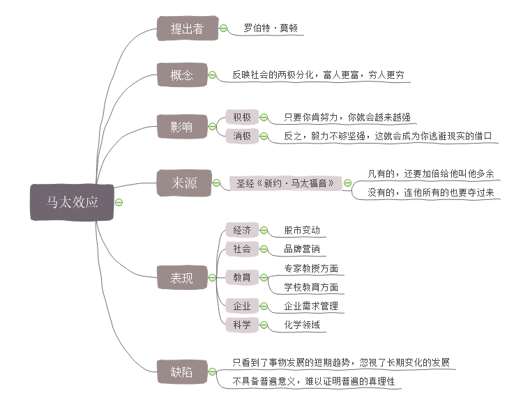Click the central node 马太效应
point(72,202)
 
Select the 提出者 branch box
point(187,29)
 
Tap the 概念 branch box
point(182,75)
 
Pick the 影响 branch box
point(182,127)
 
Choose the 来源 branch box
point(184,183)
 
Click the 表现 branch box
point(182,278)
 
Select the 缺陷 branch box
point(182,371)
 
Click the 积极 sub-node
point(242,117)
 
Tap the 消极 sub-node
point(242,136)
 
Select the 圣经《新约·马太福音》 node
point(285,183)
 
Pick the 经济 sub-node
point(242,230)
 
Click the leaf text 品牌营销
point(302,249)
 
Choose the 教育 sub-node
point(242,277)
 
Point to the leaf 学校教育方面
point(311,287)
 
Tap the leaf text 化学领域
point(302,324)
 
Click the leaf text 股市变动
point(302,230)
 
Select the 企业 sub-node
point(242,306)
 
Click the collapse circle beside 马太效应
point(119,202)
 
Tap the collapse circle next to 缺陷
point(213,371)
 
